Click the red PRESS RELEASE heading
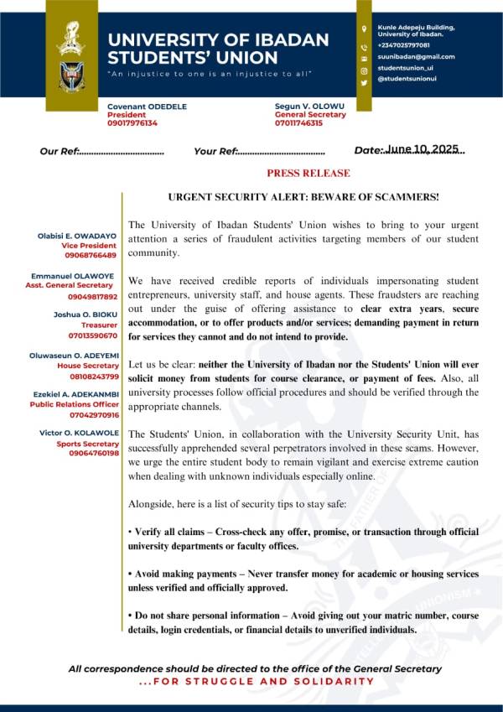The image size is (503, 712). [308, 174]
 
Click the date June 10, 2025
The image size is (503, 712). [423, 149]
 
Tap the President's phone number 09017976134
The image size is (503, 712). [132, 123]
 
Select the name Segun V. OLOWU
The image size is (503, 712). [309, 106]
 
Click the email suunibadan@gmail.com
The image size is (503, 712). [416, 56]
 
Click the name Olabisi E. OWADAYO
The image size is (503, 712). [78, 237]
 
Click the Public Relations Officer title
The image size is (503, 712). [75, 403]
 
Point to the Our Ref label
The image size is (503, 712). [59, 152]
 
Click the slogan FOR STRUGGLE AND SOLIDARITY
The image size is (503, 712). [257, 681]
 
